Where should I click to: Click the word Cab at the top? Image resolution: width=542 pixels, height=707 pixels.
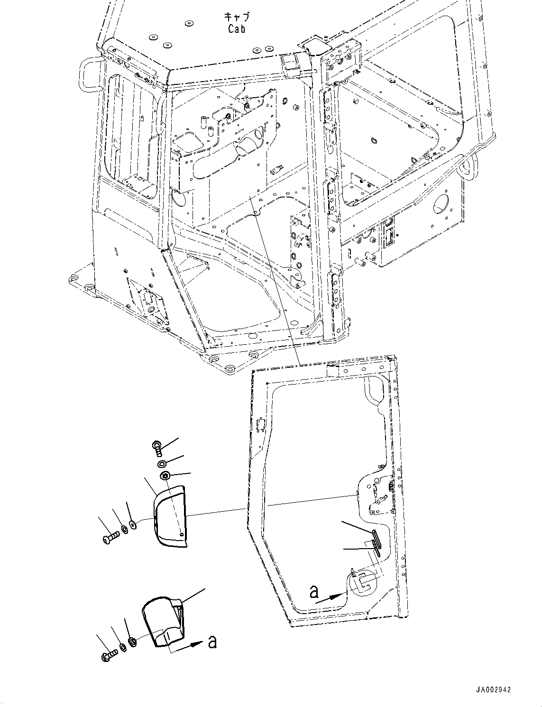(x=236, y=29)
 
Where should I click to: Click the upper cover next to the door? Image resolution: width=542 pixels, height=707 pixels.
(x=169, y=517)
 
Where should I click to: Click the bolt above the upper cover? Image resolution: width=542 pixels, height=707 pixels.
(x=157, y=446)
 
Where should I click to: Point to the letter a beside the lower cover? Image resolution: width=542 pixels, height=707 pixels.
(x=212, y=642)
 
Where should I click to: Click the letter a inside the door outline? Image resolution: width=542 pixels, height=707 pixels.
(x=313, y=591)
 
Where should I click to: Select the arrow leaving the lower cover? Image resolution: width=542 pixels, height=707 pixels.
(x=190, y=647)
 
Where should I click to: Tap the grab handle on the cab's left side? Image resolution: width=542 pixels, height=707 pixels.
(x=89, y=75)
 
